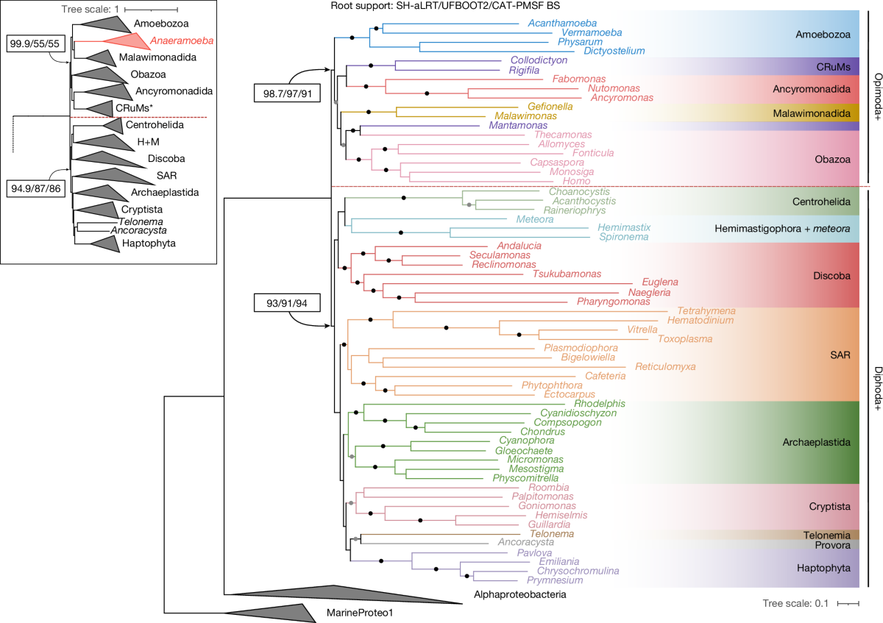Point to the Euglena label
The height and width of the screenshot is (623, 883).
pos(660,282)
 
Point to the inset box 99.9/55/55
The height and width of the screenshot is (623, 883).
pos(35,43)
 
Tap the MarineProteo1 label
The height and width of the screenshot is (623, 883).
pos(354,613)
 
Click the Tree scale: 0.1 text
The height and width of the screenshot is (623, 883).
pos(795,603)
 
